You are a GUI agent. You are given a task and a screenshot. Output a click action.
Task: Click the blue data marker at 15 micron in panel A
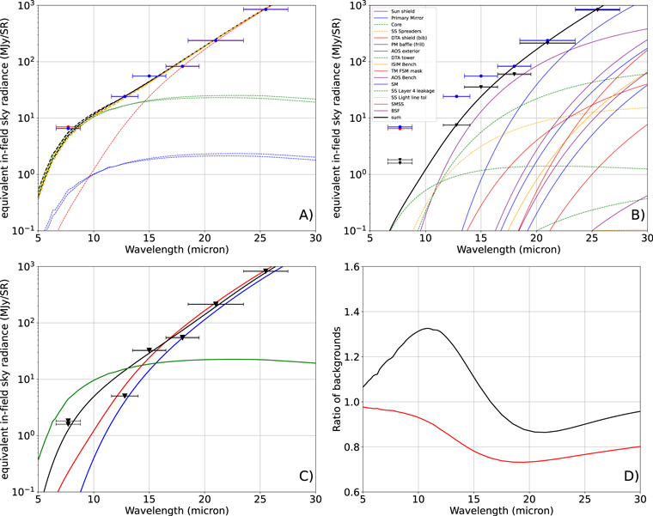pos(150,76)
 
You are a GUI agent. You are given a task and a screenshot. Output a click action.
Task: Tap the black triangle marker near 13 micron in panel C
pos(125,396)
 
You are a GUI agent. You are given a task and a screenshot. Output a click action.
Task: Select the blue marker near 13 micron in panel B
pos(457,96)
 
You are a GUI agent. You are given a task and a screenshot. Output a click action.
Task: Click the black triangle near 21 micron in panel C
pos(216,304)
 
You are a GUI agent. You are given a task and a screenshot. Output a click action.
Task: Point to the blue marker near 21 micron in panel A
pos(216,39)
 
